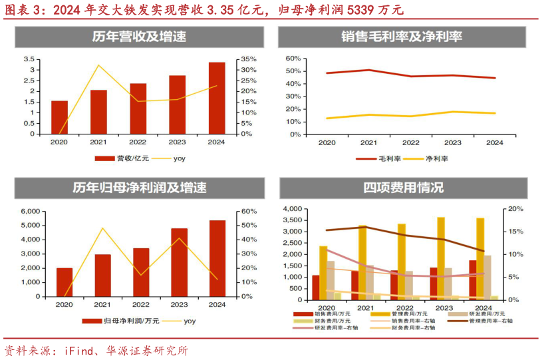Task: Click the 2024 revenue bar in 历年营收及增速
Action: point(217,98)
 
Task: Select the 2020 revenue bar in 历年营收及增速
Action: point(59,117)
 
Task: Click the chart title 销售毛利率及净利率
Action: point(402,37)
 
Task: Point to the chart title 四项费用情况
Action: point(403,188)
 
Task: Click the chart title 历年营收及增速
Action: point(138,37)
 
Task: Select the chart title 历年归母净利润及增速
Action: point(139,188)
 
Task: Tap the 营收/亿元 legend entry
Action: point(122,158)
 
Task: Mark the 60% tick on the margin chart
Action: point(293,59)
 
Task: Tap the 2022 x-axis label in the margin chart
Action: point(410,142)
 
